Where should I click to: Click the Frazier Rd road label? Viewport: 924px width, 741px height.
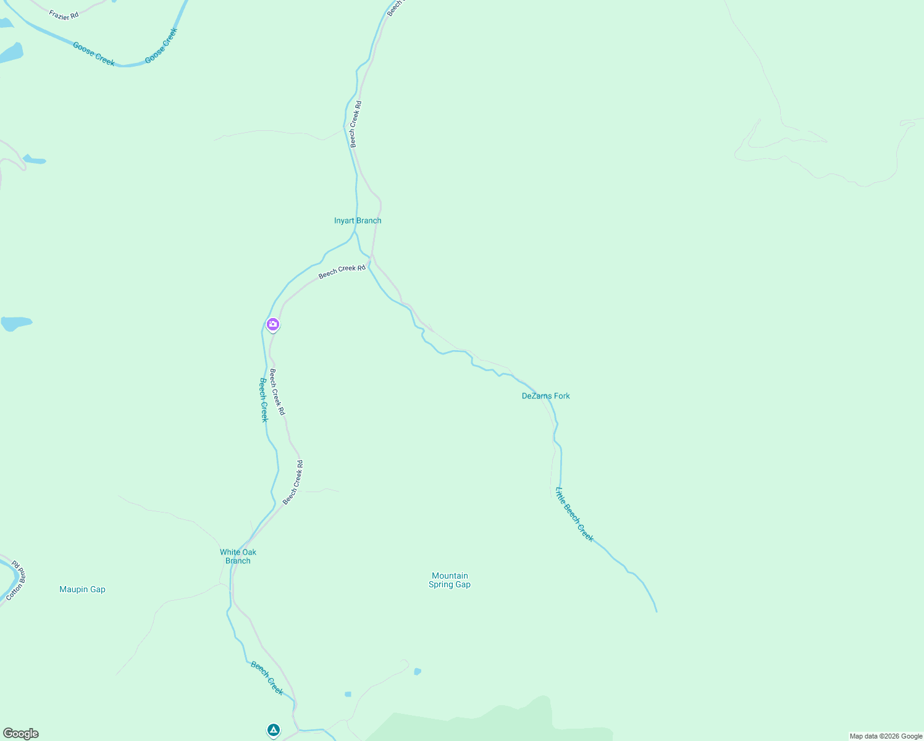[x=64, y=14]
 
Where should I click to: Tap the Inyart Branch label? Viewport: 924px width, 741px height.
[x=358, y=220]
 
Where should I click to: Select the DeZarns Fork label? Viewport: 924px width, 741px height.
[x=545, y=396]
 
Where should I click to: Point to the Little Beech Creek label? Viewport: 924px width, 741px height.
[x=574, y=515]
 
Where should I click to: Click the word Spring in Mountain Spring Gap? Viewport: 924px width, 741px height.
[x=441, y=585]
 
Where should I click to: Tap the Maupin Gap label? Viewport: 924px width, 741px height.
[x=82, y=589]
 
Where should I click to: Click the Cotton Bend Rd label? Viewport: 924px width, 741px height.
[x=15, y=580]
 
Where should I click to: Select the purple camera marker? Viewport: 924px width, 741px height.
[x=273, y=324]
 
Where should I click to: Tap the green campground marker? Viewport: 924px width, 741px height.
[x=274, y=730]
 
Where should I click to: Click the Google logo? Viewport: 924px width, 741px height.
[x=20, y=734]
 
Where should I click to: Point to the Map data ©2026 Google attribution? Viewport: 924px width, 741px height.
[x=886, y=736]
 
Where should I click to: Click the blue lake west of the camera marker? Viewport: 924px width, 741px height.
[x=15, y=323]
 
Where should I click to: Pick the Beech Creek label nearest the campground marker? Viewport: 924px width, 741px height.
[x=267, y=677]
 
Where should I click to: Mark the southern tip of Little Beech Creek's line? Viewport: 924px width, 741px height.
[x=656, y=611]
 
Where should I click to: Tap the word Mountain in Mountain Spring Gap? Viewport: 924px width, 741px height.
[x=450, y=576]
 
